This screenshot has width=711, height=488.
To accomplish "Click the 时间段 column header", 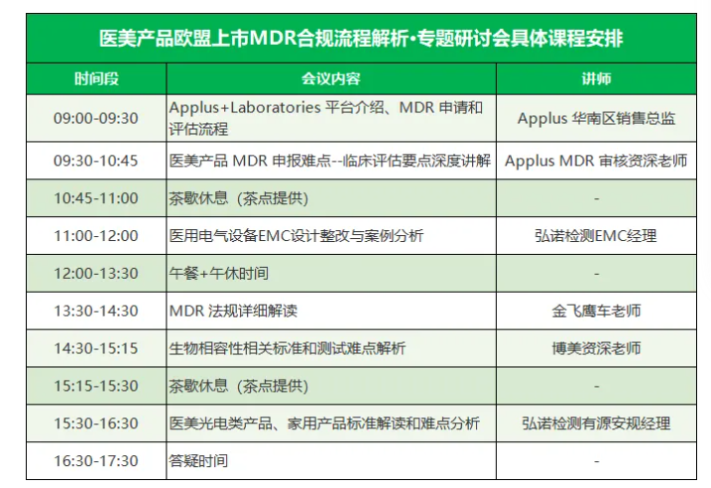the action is coord(96,79).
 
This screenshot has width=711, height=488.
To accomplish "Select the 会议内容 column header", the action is coord(331,79).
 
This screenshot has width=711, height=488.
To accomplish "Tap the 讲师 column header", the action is coord(596,79).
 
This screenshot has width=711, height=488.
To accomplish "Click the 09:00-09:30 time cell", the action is coord(95,118).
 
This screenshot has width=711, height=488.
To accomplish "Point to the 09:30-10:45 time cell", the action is coord(95,161).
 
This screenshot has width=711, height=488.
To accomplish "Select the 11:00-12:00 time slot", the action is coord(95,236).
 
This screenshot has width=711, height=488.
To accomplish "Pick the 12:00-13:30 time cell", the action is coord(95,274).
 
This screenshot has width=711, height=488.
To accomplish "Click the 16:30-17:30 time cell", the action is coord(95,461).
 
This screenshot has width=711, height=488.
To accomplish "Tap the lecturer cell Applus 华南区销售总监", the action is coord(596,118).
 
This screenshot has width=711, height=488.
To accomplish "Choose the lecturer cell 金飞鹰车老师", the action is coord(596,311).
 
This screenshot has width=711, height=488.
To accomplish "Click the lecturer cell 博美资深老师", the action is coord(596,349).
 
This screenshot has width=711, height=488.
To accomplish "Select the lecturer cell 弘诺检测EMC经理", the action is coord(596,236).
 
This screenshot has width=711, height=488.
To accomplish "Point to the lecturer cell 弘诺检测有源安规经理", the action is coord(596,424).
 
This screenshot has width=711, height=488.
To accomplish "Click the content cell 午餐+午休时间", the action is coord(218,274).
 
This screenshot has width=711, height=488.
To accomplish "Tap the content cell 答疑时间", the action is coord(198,461).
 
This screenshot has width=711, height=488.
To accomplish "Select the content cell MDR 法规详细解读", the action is coord(233,311).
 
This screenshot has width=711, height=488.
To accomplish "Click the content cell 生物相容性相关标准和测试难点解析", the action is coord(287,349).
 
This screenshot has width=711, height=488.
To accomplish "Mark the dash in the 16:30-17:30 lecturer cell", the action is coord(596,461).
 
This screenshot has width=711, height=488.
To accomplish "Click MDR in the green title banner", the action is coord(273,38).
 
